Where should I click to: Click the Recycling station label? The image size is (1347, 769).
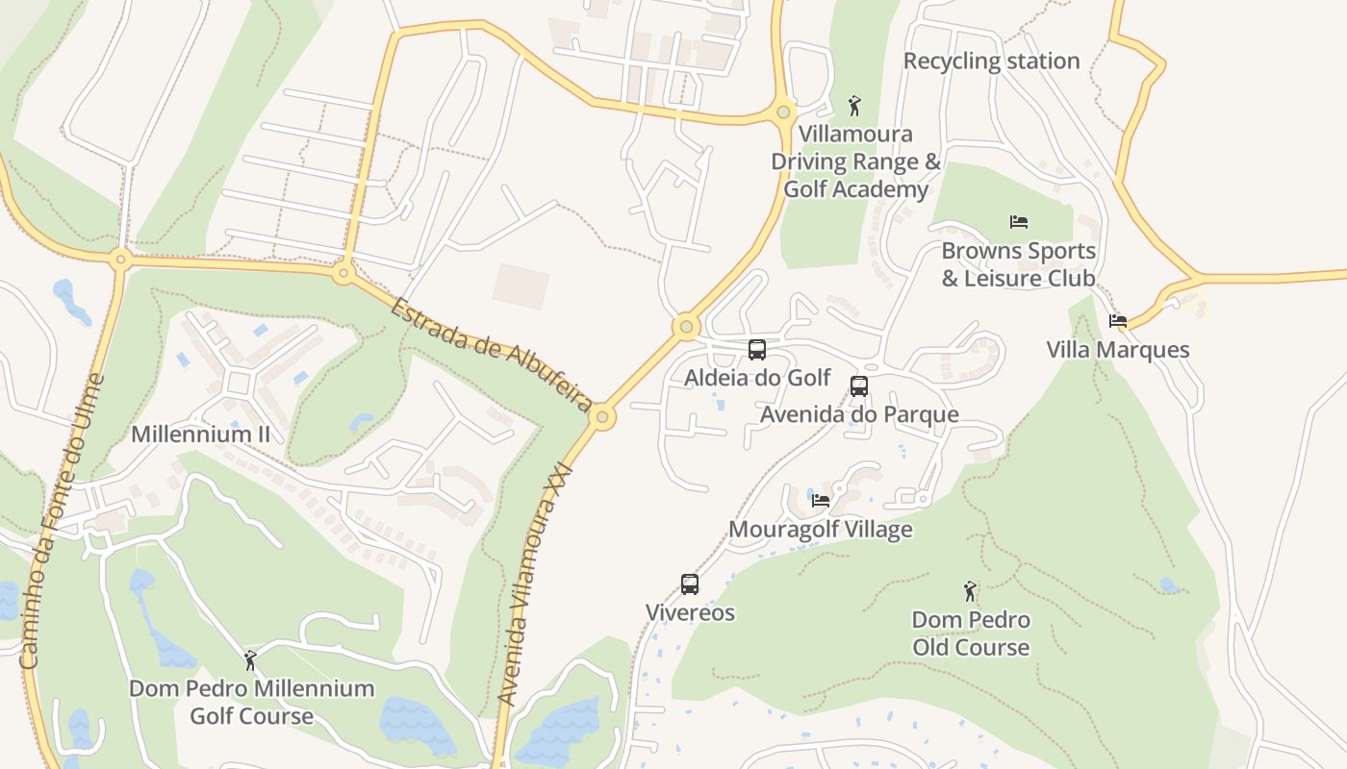(x=991, y=61)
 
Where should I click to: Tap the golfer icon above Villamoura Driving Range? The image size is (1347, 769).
(x=854, y=106)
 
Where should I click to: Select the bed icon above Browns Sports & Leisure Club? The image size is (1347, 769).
(x=1019, y=222)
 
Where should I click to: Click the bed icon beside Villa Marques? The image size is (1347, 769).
(x=1117, y=321)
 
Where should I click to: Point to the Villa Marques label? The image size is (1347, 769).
(x=1118, y=349)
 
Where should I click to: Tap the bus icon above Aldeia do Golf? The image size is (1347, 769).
(x=757, y=350)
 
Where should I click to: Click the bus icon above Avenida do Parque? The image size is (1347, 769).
(x=859, y=386)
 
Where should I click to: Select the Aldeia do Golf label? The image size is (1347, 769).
(x=757, y=378)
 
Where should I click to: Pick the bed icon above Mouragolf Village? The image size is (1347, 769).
(x=821, y=501)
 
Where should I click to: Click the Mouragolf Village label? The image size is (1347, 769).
(x=821, y=529)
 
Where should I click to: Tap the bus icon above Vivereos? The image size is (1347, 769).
(x=690, y=584)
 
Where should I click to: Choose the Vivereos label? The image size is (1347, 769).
(x=690, y=612)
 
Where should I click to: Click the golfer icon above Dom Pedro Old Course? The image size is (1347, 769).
(x=970, y=591)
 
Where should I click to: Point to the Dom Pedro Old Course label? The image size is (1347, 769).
(x=971, y=633)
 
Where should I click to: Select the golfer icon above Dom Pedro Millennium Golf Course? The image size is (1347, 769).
(x=251, y=660)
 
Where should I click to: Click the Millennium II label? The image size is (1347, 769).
(x=200, y=434)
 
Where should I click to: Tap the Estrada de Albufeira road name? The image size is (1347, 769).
(x=491, y=354)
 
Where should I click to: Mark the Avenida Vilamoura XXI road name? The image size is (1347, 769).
(x=534, y=586)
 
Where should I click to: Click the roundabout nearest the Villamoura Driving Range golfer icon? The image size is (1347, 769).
(x=784, y=112)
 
